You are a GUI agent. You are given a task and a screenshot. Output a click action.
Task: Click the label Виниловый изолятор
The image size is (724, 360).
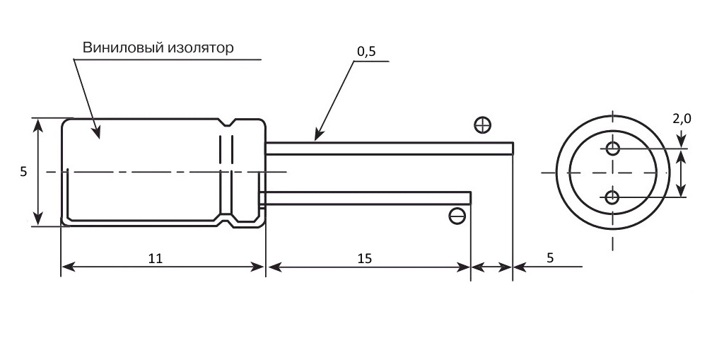click(x=158, y=47)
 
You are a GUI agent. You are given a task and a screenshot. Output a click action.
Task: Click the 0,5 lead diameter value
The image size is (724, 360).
click(x=367, y=52)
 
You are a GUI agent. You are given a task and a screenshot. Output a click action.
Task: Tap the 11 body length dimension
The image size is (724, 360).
click(x=156, y=258)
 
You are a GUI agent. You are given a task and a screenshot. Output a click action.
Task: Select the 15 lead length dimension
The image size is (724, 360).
click(x=365, y=258)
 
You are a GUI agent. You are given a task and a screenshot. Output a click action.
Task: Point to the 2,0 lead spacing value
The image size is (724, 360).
click(x=682, y=119)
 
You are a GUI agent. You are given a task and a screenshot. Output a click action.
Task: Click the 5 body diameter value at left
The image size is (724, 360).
click(x=23, y=172)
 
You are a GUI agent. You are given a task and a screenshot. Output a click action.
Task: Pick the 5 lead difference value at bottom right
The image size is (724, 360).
click(x=550, y=258)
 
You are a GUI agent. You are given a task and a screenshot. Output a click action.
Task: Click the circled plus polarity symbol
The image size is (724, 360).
click(x=482, y=125)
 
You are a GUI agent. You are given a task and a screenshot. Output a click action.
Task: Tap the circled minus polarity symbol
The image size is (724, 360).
click(x=457, y=216)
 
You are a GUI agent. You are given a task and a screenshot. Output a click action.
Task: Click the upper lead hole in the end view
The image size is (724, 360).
click(x=613, y=149)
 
